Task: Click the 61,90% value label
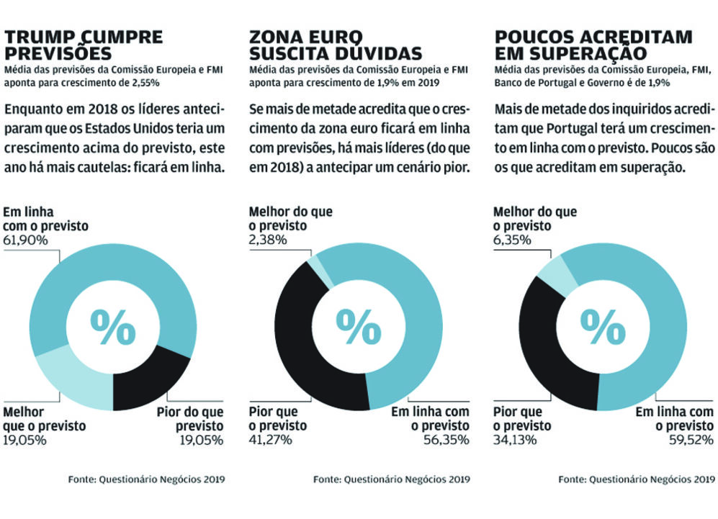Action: pos(26,240)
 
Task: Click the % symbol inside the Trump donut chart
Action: pos(113,328)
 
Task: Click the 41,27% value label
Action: pos(271,440)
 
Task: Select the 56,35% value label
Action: pos(446,440)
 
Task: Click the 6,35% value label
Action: pos(513,240)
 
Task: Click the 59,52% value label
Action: pos(691,440)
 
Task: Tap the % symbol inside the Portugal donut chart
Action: pos(603,328)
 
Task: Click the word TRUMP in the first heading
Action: pos(38,37)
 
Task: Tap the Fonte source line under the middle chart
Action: pos(392,479)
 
